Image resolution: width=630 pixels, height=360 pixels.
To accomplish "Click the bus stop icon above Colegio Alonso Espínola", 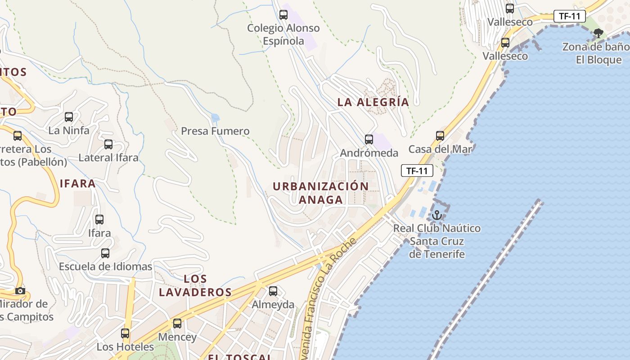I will (x=283, y=14).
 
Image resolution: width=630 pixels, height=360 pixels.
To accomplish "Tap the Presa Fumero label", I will (x=215, y=131).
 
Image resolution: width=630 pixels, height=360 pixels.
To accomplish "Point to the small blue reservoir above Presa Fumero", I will (x=216, y=118).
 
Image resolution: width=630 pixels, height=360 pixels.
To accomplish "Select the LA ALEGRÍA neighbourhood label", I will (x=373, y=102).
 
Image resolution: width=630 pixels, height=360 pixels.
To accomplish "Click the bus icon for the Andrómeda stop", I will (x=369, y=139).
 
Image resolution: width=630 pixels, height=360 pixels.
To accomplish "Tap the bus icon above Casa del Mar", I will (x=440, y=135).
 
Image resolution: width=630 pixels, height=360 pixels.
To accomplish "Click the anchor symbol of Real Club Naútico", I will (x=436, y=215).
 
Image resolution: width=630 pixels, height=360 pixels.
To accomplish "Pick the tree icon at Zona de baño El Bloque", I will (x=598, y=33).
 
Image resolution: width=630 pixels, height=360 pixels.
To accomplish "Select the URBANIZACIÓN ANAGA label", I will (x=320, y=193).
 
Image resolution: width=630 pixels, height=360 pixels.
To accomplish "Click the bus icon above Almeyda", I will (x=273, y=291).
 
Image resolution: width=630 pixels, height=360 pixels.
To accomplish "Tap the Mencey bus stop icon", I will (x=177, y=324).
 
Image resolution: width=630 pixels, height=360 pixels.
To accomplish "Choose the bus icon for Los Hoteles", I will (x=125, y=333).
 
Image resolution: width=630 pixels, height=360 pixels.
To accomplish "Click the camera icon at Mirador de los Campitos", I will (x=20, y=291).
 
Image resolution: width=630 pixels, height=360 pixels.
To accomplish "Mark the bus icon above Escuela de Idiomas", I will (x=105, y=253).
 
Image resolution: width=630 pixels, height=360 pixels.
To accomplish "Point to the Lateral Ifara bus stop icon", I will (x=108, y=144).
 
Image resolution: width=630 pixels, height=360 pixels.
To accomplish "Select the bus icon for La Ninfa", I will (x=69, y=117).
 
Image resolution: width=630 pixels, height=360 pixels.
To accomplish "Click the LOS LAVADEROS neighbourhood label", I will (x=195, y=285).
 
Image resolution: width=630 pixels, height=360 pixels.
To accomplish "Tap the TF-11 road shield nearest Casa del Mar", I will (x=417, y=171).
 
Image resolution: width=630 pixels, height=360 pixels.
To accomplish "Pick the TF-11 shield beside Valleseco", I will (x=569, y=17).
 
